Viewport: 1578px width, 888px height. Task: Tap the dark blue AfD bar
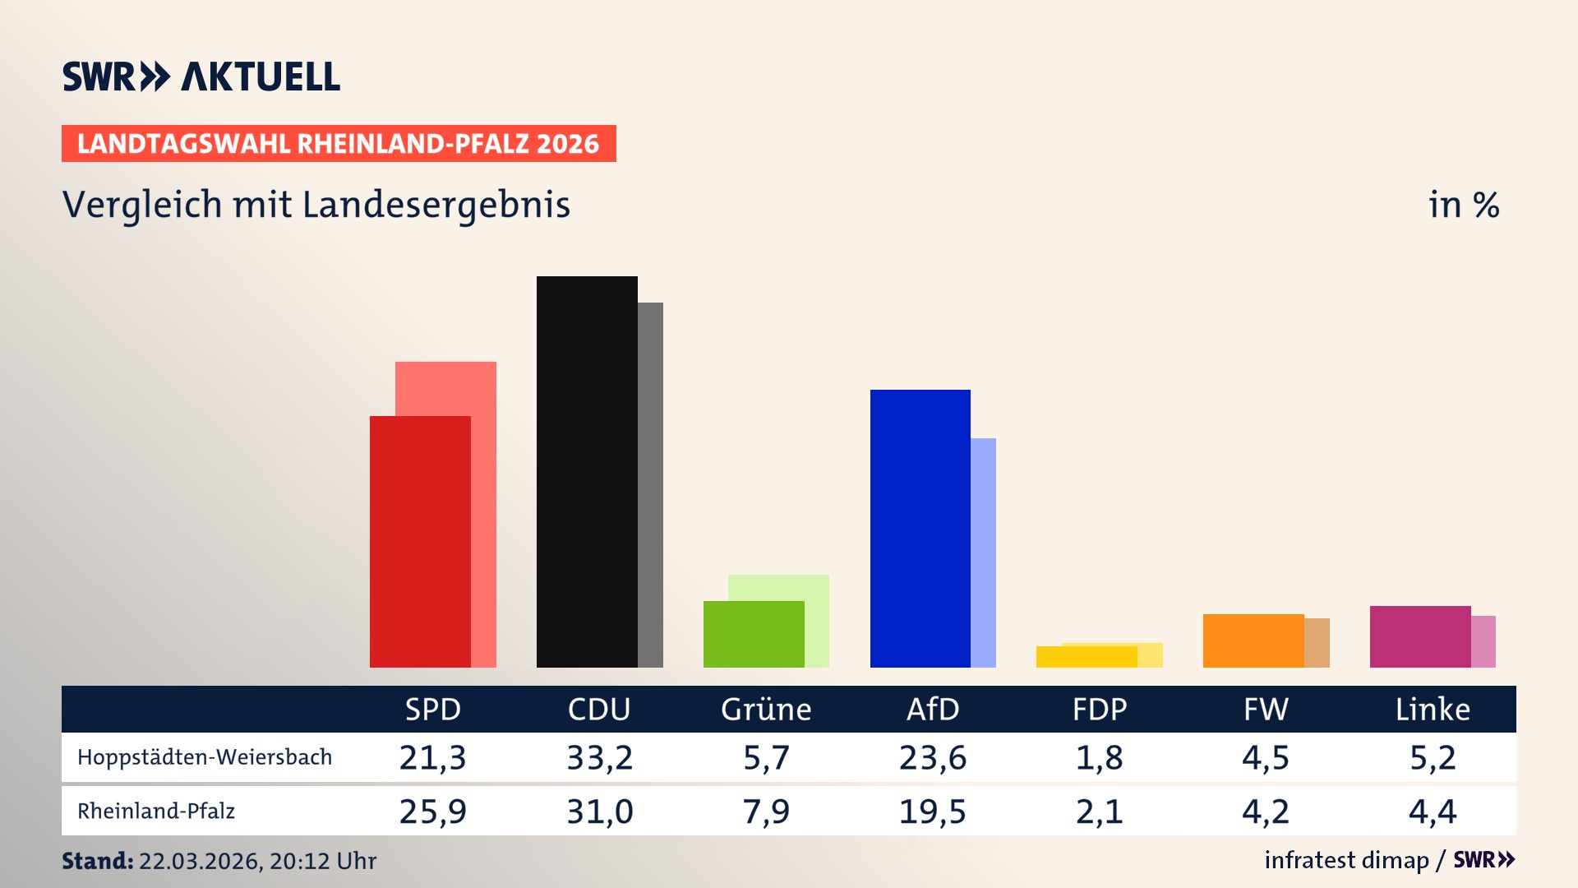point(920,528)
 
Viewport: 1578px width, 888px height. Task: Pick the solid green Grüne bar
point(754,634)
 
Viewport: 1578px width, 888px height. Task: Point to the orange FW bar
point(1253,641)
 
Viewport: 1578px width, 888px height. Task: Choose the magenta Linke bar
point(1420,636)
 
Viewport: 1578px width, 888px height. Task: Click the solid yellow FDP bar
point(1087,657)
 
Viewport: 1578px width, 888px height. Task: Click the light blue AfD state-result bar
point(984,553)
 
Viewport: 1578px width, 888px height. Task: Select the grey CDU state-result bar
point(650,485)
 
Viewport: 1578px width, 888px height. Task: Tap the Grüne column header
point(766,710)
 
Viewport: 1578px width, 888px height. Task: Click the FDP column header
point(1100,710)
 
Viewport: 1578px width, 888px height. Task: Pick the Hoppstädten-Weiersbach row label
point(205,757)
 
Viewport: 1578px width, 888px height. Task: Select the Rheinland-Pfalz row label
point(156,812)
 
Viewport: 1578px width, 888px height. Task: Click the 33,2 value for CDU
point(600,757)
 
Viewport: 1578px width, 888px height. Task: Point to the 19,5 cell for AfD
point(933,812)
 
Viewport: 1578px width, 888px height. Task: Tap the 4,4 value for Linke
point(1433,812)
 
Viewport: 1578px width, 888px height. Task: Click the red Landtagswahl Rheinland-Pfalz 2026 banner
point(339,144)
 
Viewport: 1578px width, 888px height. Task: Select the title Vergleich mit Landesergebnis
point(316,205)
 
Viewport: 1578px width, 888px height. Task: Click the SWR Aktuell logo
point(201,76)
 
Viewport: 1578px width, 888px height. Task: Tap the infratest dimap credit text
point(1346,860)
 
